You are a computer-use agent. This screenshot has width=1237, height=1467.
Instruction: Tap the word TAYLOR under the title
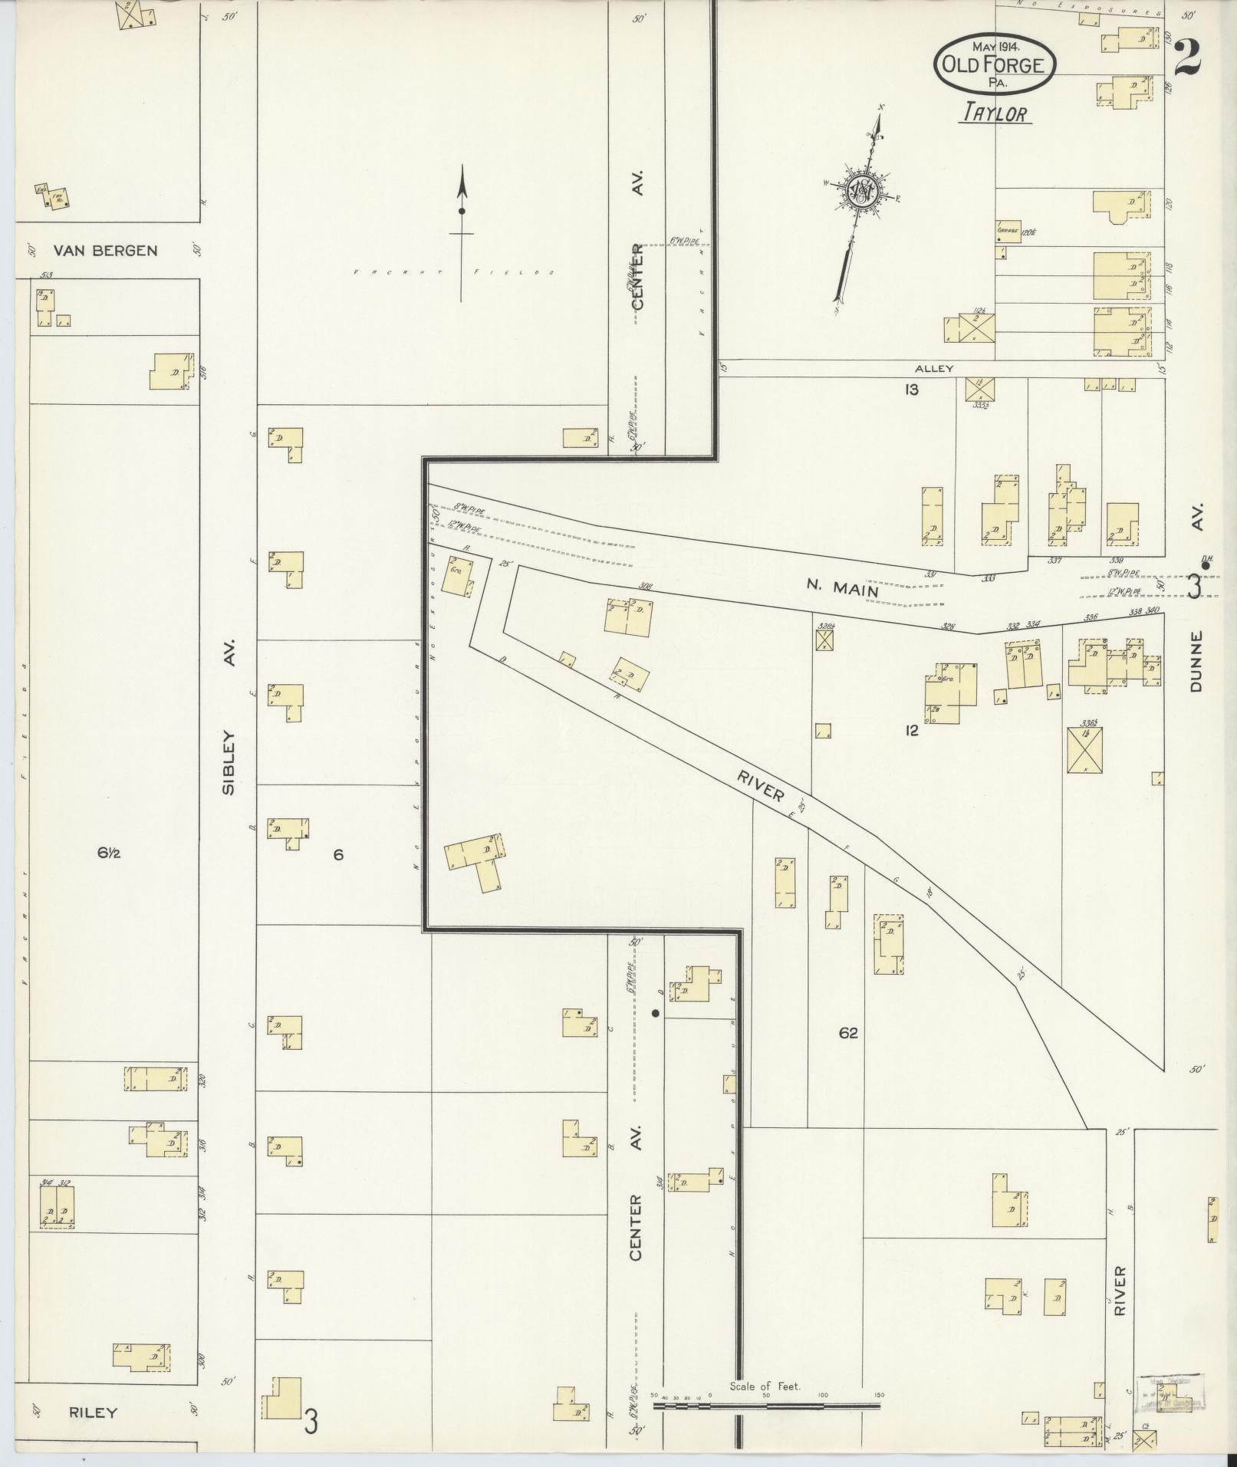pos(995,113)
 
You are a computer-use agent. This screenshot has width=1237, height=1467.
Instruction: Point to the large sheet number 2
pos(1186,58)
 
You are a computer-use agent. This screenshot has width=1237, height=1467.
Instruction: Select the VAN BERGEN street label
pos(106,251)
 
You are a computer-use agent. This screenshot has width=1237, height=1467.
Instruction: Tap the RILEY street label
pos(93,1413)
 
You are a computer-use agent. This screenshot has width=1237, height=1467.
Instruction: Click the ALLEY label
pos(934,369)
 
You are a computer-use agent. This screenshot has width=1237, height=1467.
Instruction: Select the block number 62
pos(848,1033)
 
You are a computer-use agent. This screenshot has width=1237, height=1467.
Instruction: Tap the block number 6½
pos(109,854)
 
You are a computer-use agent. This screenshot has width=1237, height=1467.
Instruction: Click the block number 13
pos(911,390)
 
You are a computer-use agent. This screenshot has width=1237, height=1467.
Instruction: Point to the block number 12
pos(911,731)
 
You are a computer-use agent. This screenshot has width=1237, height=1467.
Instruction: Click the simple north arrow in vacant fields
pos(462,230)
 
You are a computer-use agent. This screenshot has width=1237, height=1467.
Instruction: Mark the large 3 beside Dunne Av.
pos(1193,586)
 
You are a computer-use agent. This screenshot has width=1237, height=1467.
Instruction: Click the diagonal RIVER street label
pos(762,785)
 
